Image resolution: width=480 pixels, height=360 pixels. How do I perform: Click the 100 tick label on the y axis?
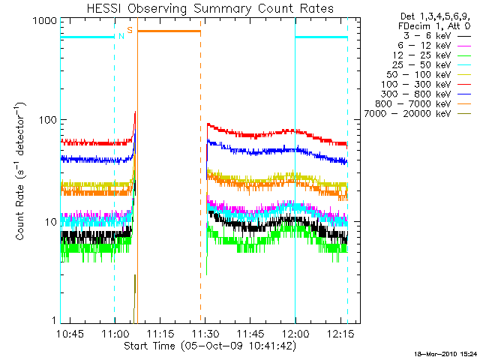tap(45, 120)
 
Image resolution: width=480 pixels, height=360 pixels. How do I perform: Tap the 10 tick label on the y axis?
tap(48, 223)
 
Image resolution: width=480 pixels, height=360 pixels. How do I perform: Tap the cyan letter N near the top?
tap(121, 35)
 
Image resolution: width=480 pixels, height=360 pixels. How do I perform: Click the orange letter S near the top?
tap(130, 30)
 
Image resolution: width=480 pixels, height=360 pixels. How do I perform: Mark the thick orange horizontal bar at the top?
tap(169, 31)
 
